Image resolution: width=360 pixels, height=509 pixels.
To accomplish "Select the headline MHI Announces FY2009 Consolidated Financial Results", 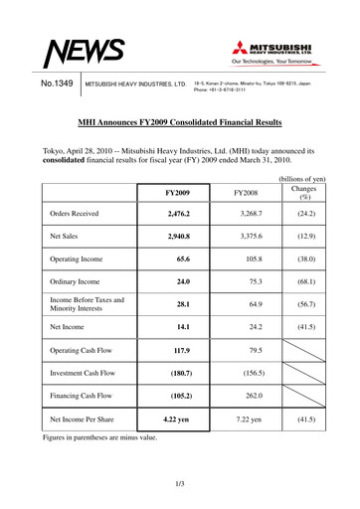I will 179,122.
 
